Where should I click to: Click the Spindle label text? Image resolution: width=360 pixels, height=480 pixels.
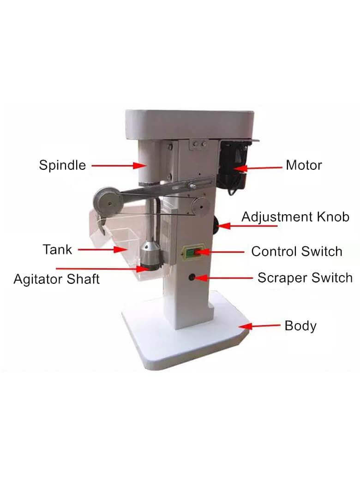pos(62,166)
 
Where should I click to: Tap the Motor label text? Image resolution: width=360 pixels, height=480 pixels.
pos(304,165)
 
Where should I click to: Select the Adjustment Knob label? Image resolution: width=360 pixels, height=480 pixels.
pos(295,217)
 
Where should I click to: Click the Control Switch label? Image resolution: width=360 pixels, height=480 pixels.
pos(297,252)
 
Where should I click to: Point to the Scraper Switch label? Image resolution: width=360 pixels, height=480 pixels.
pos(305,278)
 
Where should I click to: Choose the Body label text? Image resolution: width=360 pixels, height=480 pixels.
pos(300,326)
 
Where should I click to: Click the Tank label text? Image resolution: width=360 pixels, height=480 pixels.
pos(57,250)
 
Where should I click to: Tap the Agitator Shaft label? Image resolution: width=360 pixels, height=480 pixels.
pos(57,279)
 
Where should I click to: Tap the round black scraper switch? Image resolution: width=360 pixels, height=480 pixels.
pos(192,277)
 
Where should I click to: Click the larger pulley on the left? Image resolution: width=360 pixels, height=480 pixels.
pos(108,203)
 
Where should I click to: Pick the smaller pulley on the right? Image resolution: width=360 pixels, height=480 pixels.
pos(201,207)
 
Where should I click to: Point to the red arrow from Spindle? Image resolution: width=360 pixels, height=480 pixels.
pos(120,166)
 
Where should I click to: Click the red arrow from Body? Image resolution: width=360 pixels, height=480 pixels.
pos(259,326)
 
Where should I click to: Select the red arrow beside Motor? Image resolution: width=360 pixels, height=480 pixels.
pos(257,168)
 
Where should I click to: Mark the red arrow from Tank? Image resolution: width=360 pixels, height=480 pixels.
pos(102,250)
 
